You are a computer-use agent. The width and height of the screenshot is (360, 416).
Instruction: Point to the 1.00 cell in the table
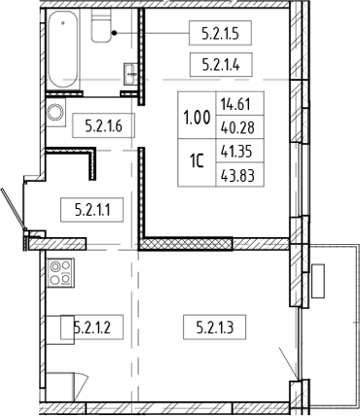[x=196, y=119]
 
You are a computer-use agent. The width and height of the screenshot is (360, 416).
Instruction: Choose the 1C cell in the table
[x=196, y=165]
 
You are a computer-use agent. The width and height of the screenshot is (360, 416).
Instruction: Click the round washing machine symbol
[x=55, y=112]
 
